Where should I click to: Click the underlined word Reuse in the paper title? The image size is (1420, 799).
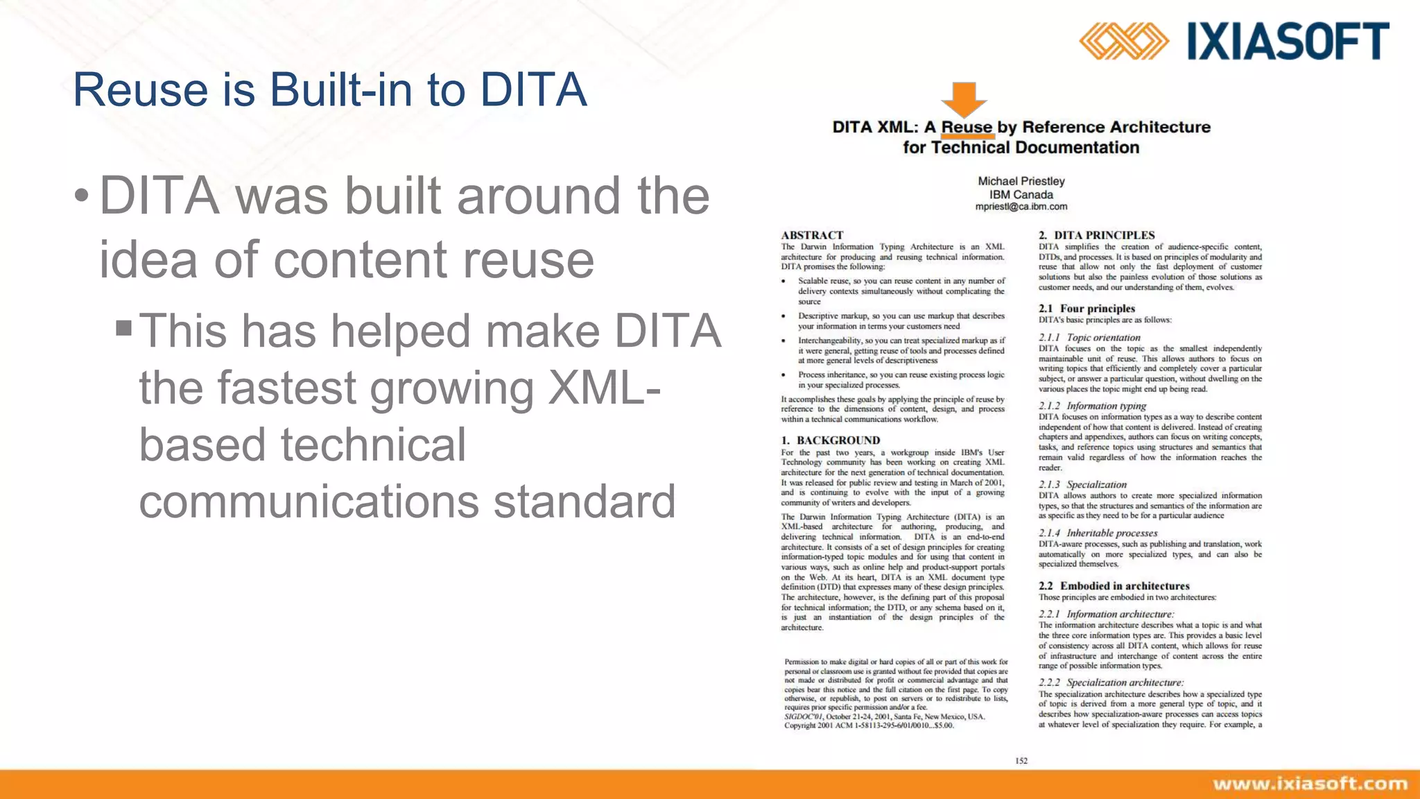click(967, 128)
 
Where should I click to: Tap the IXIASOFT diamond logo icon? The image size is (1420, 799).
click(1123, 41)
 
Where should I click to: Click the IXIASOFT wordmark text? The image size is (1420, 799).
click(1288, 42)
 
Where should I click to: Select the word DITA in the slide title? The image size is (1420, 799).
click(534, 90)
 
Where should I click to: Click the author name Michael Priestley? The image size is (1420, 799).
click(1021, 181)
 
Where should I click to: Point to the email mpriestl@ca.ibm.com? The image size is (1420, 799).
click(1021, 207)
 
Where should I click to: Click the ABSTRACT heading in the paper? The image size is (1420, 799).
click(812, 235)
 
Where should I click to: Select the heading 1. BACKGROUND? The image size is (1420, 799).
click(830, 440)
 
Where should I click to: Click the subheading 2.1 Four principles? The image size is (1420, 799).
click(1086, 309)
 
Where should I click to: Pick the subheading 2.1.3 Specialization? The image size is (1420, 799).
click(1082, 485)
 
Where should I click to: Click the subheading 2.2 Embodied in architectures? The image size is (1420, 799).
click(1114, 586)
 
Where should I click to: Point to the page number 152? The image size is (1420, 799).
click(1021, 761)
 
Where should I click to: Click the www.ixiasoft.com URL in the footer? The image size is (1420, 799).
click(1310, 784)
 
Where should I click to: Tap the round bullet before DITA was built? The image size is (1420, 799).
click(82, 196)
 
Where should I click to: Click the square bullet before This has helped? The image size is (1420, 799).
click(124, 327)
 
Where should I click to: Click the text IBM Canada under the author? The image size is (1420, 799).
click(1021, 195)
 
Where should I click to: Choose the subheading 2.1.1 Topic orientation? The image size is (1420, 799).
click(1089, 338)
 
